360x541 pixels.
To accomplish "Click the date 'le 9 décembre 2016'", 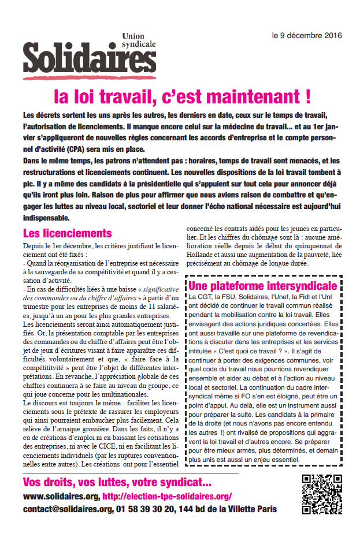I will (307, 35).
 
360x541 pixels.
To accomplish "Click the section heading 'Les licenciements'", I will (67, 233).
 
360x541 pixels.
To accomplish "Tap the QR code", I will (322, 494).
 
